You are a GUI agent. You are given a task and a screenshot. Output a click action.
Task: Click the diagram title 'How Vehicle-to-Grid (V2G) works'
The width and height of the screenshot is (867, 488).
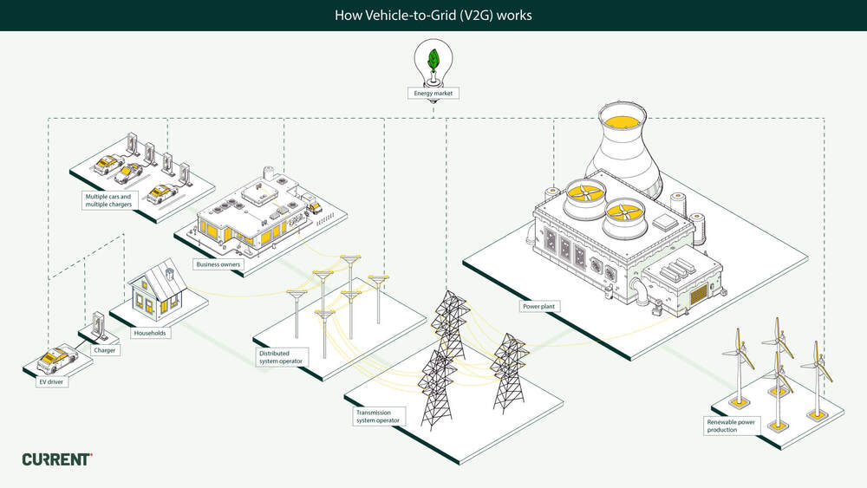[433, 16]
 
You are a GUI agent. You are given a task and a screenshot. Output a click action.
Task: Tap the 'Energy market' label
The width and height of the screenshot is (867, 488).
[433, 93]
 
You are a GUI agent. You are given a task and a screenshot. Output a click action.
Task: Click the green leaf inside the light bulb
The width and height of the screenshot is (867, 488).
[433, 61]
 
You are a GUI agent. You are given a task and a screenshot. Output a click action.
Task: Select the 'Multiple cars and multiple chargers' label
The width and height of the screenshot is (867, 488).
[108, 200]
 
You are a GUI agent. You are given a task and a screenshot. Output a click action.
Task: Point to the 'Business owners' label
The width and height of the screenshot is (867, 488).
[218, 264]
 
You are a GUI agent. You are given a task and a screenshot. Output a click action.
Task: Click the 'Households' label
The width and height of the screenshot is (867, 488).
[149, 332]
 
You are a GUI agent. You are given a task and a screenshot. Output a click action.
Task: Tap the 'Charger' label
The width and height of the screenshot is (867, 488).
[105, 350]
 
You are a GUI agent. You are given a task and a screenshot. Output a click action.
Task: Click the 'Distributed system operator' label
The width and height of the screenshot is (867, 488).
[280, 357]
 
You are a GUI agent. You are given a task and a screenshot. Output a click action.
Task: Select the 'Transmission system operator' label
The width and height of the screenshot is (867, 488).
[378, 416]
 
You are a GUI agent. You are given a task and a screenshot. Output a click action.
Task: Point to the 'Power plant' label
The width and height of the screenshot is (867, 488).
[538, 306]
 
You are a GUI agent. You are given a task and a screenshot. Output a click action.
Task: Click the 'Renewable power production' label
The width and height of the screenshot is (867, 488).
[731, 425]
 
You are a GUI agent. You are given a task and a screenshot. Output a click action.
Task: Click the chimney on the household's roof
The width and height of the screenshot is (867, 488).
[170, 272]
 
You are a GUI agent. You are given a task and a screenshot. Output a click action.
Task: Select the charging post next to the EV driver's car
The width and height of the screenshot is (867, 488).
[97, 325]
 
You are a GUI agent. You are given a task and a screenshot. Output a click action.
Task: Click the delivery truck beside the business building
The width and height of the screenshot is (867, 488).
[313, 207]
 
